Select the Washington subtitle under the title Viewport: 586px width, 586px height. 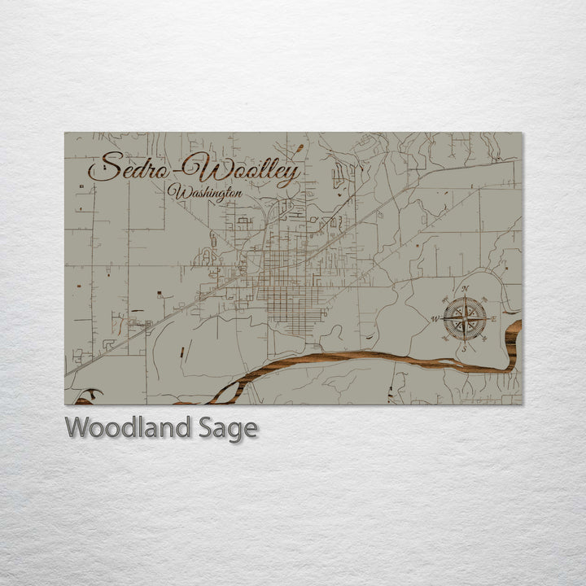204,194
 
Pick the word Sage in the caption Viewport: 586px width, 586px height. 230,427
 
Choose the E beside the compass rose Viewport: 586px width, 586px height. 494,318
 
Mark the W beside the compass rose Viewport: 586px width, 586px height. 435,318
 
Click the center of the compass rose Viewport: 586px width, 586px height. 466,318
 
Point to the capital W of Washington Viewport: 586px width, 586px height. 173,193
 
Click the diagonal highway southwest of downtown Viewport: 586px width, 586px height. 163,317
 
